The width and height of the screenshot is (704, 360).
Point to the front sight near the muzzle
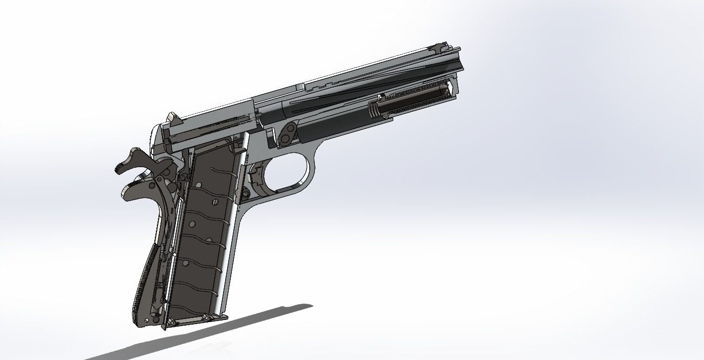coord(437,47)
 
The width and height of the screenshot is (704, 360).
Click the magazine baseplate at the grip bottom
coord(195,321)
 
